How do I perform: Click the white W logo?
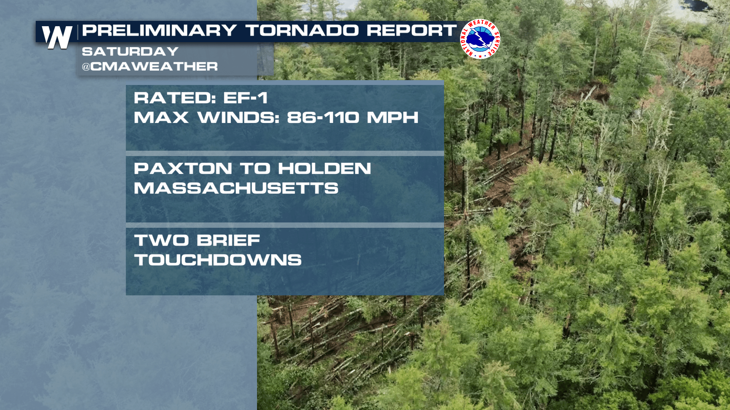57,37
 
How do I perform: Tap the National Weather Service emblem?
480,39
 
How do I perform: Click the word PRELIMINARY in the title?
159,30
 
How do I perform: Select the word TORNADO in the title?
302,30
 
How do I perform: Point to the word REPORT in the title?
412,30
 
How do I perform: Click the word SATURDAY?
130,51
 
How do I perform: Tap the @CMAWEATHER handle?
150,66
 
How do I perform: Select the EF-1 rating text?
246,98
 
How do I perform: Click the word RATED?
175,98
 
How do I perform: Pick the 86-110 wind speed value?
323,118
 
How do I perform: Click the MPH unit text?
393,118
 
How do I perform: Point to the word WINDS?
238,118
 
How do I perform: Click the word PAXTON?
183,169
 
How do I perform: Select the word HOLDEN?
325,169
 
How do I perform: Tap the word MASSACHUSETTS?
236,188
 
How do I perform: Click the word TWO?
162,240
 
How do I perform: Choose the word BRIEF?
229,240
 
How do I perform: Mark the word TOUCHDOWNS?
218,260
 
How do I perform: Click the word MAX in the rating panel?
161,118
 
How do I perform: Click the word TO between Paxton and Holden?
255,169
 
